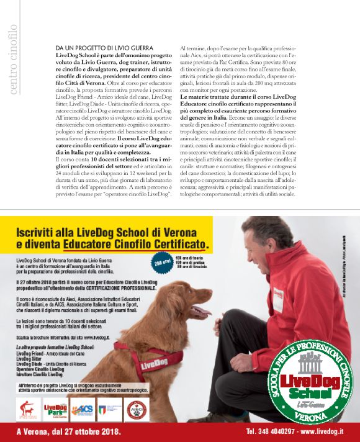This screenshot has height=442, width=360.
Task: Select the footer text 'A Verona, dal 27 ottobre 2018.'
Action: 69,431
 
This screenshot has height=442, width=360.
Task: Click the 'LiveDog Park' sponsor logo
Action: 53,408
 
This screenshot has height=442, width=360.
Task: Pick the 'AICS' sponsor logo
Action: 83,409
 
